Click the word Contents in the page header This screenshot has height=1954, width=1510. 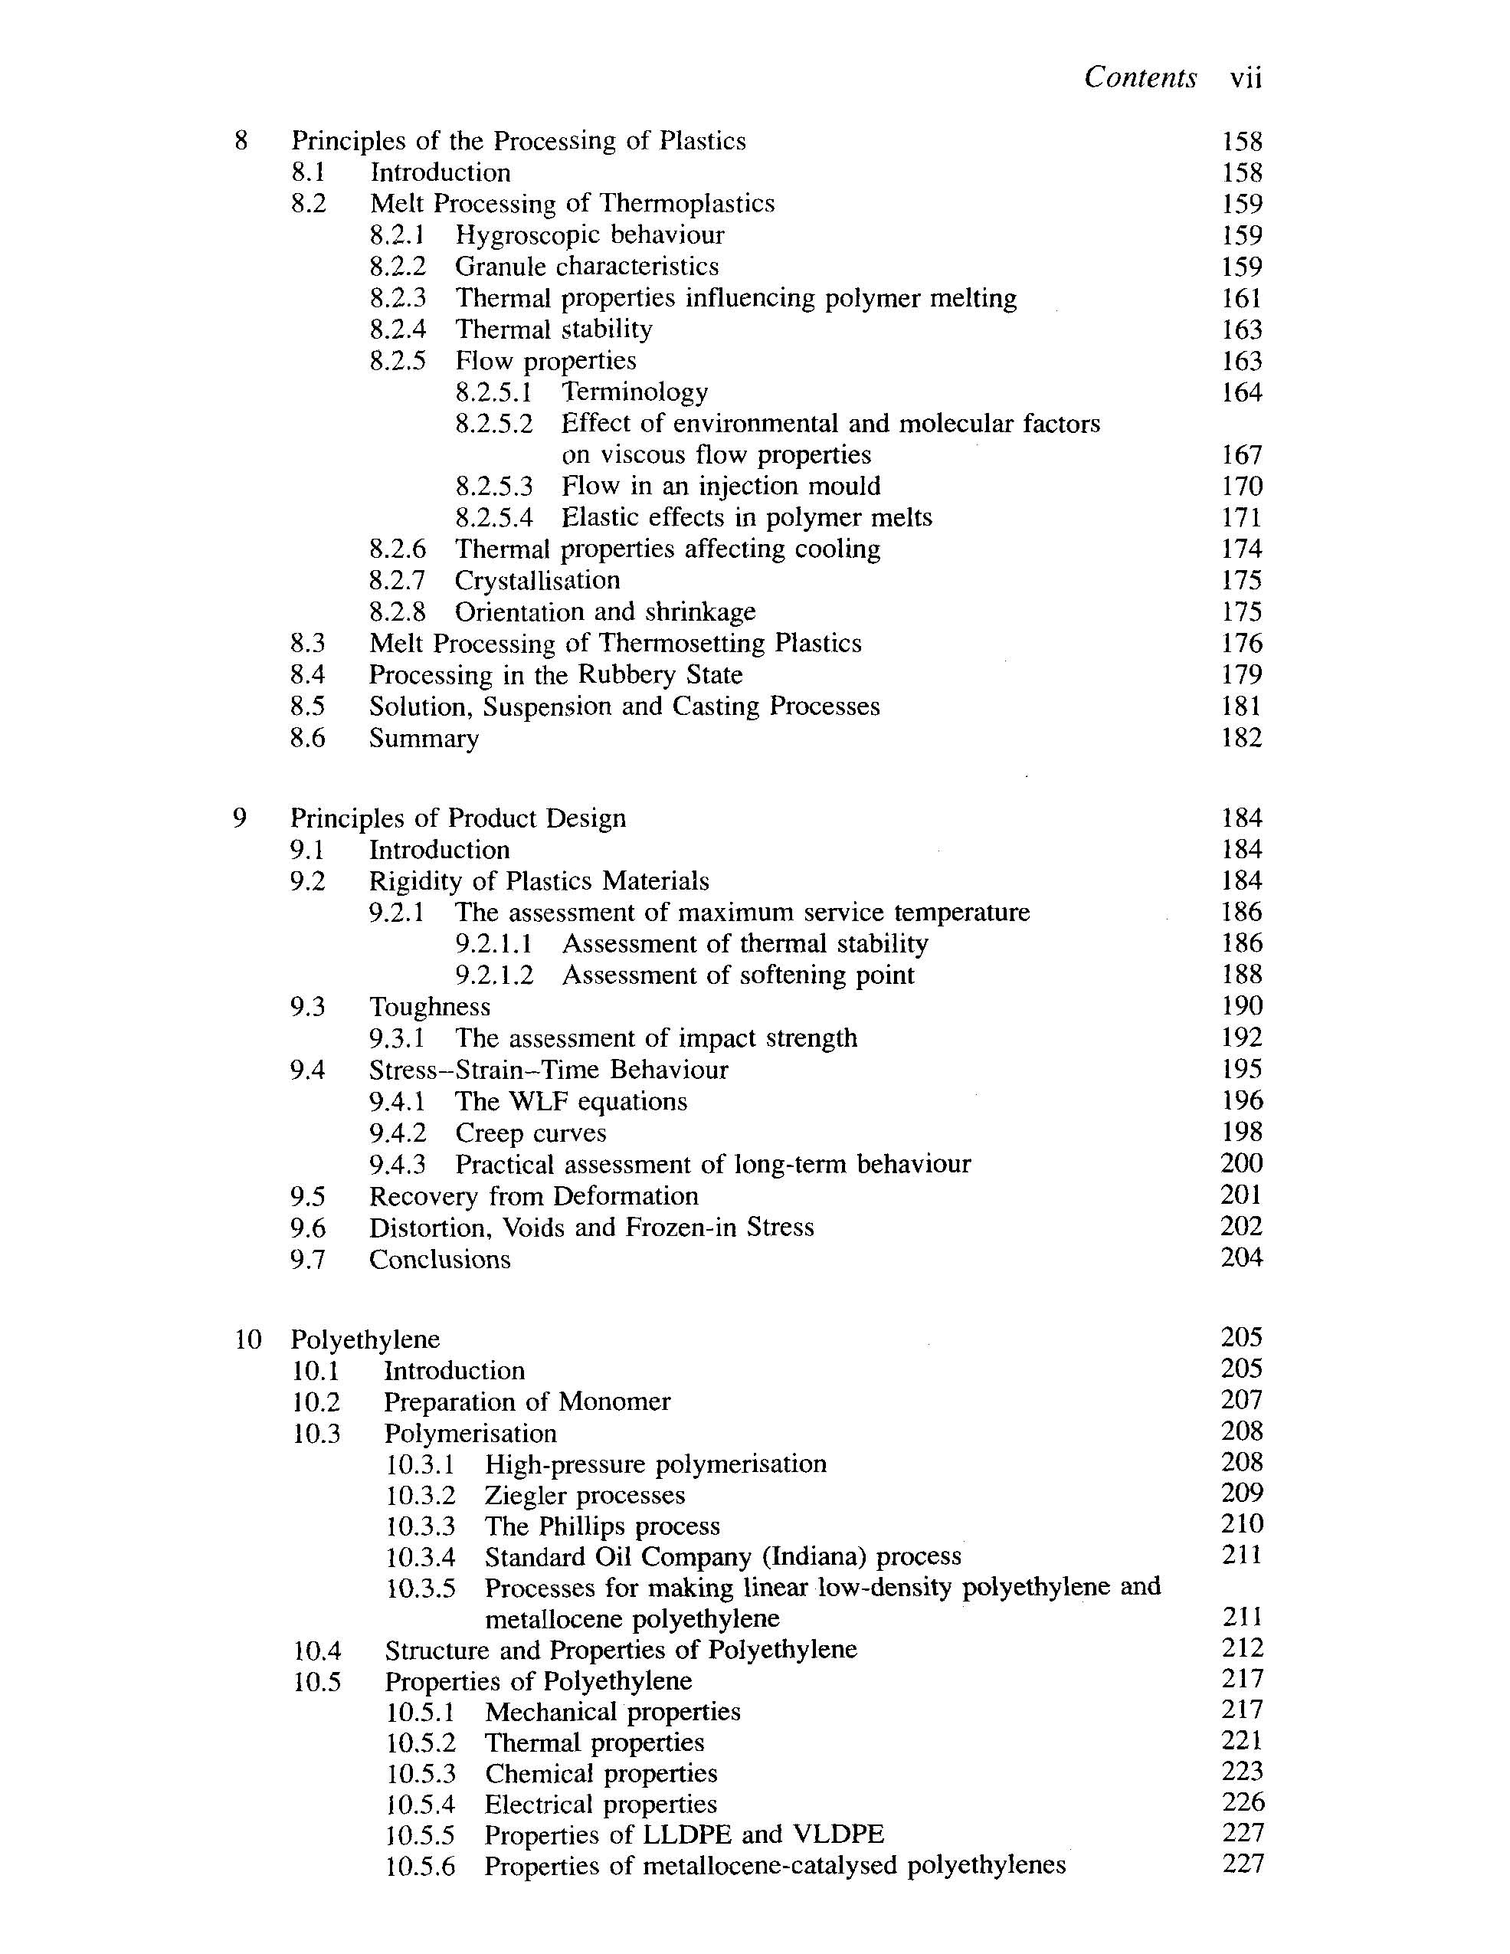coord(1140,78)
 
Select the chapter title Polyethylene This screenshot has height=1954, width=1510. coord(365,1339)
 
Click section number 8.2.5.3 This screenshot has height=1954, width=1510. coord(494,487)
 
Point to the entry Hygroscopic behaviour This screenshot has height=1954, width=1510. coord(589,235)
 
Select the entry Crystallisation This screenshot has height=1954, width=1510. coord(537,581)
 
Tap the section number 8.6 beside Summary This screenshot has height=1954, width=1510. coord(307,738)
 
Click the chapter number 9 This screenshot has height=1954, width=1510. coord(240,818)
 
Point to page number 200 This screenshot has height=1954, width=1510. coord(1242,1163)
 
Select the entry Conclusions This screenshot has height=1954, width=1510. coord(439,1259)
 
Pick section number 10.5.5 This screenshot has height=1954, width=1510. coord(421,1835)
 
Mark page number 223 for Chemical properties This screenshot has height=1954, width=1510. coord(1243,1772)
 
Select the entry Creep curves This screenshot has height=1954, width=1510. coord(530,1133)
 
